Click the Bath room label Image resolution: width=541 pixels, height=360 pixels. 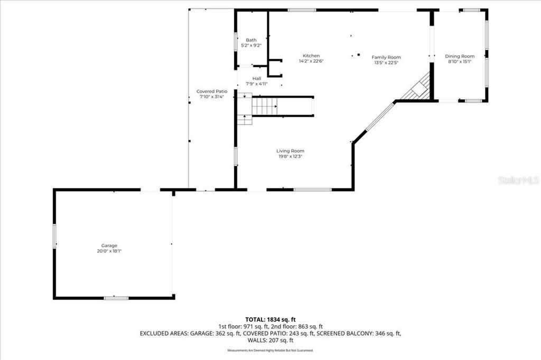click(251, 40)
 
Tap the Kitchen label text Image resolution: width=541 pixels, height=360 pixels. click(311, 56)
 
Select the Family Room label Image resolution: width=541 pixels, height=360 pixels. click(386, 57)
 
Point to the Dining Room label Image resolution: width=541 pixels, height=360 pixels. click(459, 56)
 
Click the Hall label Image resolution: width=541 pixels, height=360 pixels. click(256, 79)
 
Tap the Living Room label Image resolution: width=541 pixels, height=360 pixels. click(290, 151)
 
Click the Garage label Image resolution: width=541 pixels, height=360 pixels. click(109, 245)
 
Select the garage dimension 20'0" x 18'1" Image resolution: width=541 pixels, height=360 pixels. click(109, 251)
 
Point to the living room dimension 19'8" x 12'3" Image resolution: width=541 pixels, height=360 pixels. click(290, 156)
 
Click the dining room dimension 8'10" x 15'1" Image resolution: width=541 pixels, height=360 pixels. click(459, 62)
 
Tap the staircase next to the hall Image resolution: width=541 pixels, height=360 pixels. click(264, 107)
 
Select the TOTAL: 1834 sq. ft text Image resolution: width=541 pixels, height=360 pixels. click(270, 319)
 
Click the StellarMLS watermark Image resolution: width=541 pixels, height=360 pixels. click(518, 181)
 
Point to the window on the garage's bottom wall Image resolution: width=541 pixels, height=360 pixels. click(116, 298)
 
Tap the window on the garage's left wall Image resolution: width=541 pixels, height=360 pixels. click(54, 236)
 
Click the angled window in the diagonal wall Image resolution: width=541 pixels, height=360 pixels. click(380, 117)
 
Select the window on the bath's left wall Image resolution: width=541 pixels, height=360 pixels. click(236, 41)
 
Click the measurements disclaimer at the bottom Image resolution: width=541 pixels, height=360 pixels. click(270, 350)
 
